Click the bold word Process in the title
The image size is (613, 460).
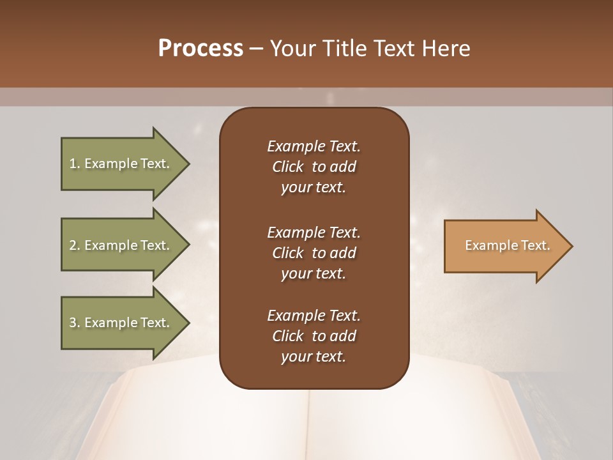point(201,49)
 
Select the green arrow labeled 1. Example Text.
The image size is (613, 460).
point(119,164)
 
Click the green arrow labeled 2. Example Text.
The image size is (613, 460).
point(119,245)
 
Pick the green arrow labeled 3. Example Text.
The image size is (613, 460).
point(119,323)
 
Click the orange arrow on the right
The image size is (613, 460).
point(504,246)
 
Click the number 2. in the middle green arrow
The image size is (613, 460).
point(74,245)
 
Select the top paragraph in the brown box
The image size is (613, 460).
point(314,167)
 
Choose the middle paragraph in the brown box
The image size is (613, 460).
point(314,253)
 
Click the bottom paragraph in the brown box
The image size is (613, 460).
point(314,336)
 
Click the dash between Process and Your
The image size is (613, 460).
point(256,49)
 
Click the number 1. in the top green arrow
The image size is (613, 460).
point(74,164)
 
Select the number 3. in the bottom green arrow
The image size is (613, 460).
point(74,323)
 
